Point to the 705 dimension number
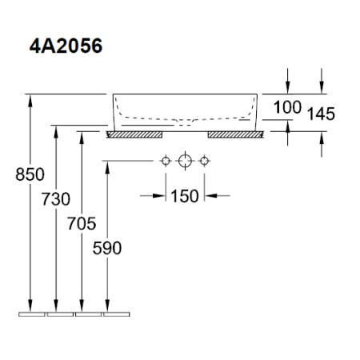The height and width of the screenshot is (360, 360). [82, 222]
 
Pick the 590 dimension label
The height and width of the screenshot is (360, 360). [107, 248]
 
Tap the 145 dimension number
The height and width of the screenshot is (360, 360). [320, 114]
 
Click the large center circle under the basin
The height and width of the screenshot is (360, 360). [186, 162]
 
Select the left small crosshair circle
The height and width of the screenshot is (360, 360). [166, 162]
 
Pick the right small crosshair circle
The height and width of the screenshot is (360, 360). [205, 162]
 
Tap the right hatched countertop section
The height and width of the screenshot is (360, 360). [235, 134]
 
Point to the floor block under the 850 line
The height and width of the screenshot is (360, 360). [31, 313]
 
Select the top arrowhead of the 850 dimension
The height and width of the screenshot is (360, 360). [30, 99]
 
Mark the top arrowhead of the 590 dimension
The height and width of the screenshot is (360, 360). [107, 166]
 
